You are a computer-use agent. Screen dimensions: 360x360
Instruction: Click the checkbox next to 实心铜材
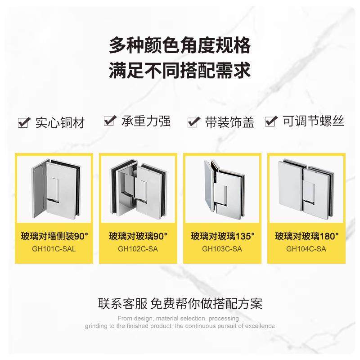tap(22, 122)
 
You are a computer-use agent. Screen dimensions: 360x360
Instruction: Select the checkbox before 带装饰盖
tap(193, 121)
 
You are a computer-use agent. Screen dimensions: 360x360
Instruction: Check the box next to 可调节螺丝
tap(270, 121)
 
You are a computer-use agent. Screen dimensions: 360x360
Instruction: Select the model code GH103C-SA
tap(222, 248)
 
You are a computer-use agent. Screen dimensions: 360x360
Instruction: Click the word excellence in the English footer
tap(261, 326)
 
